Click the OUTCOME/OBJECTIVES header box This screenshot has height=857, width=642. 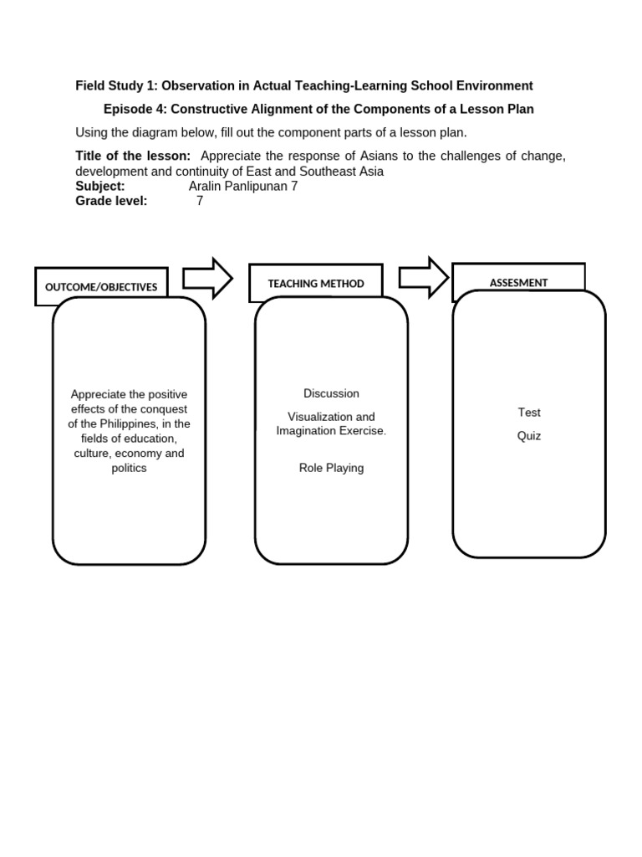[x=101, y=287]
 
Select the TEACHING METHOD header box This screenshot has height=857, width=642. [x=316, y=284]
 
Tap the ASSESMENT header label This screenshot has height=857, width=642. [x=518, y=283]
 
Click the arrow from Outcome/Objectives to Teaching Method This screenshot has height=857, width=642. [x=207, y=278]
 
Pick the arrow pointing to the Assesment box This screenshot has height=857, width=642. [x=424, y=277]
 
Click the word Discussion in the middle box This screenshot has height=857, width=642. [x=331, y=393]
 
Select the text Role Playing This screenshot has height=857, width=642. [x=331, y=468]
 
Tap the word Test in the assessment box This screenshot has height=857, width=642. [x=529, y=413]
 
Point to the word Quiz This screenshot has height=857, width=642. [x=529, y=436]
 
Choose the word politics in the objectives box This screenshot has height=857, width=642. [x=129, y=468]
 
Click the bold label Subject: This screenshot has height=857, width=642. [x=100, y=186]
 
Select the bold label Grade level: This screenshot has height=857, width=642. [x=111, y=201]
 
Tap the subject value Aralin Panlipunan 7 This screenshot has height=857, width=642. [x=243, y=186]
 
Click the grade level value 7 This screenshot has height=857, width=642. [x=200, y=201]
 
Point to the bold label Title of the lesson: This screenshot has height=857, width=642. [x=133, y=156]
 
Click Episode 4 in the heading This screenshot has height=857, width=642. [x=132, y=109]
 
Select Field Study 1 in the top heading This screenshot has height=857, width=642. [x=115, y=85]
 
